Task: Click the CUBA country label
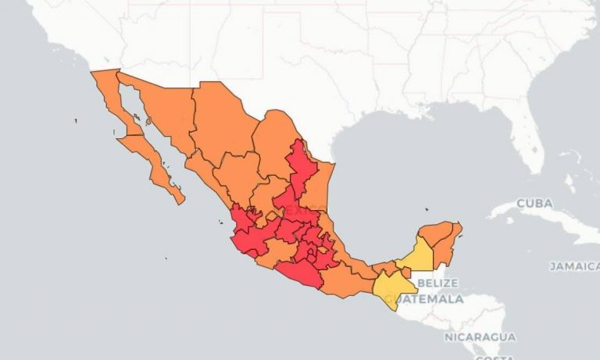(x=534, y=203)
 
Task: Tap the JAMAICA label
(x=573, y=266)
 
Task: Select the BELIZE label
(x=437, y=283)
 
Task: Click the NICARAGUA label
(x=480, y=337)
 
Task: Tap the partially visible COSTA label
(x=493, y=356)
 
